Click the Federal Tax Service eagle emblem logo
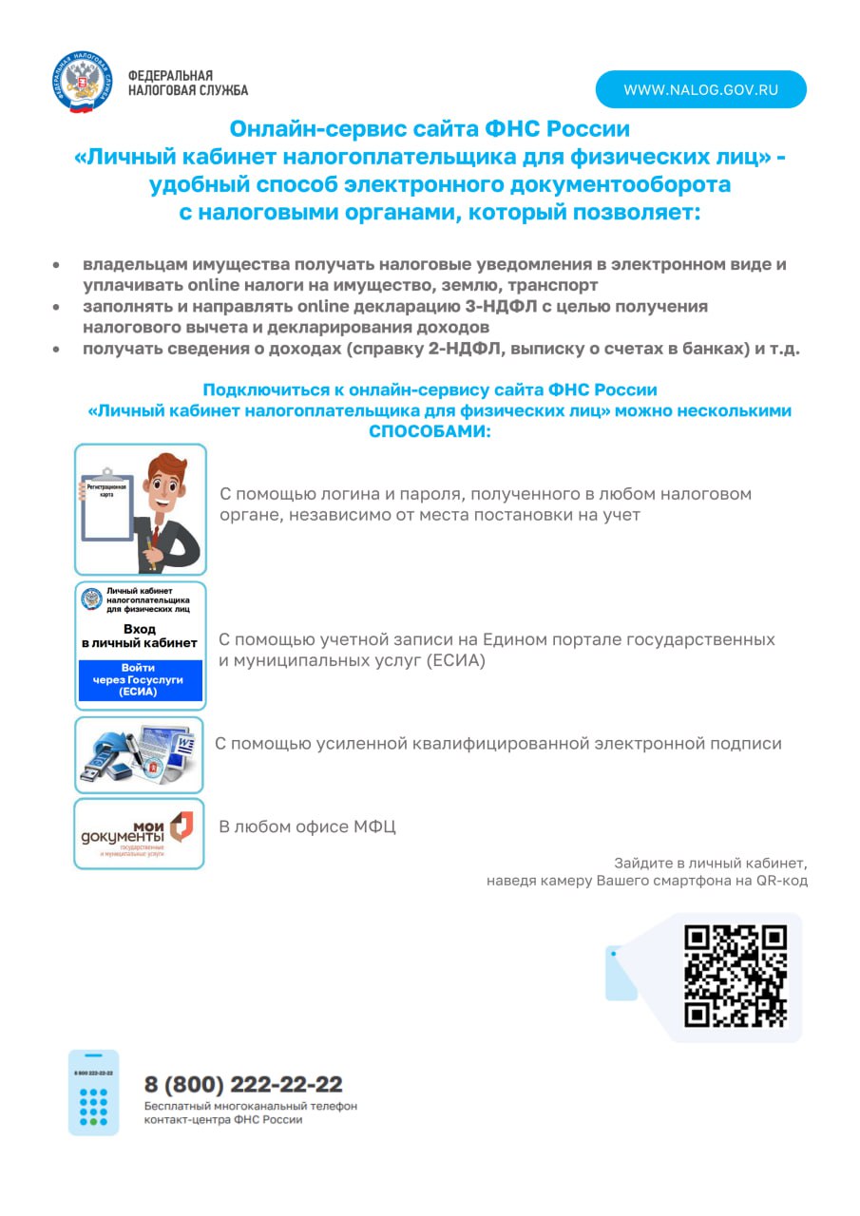(x=83, y=84)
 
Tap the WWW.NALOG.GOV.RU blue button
(x=700, y=89)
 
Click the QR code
(x=736, y=976)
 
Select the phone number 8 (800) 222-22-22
(x=243, y=1084)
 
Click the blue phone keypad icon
(x=93, y=1092)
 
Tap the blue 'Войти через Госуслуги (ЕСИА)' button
(x=140, y=680)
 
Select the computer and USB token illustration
(x=139, y=754)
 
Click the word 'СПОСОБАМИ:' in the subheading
(x=430, y=431)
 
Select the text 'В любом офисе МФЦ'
(x=307, y=827)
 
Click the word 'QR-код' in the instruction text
(x=781, y=881)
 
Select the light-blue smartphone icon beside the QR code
(x=621, y=973)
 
